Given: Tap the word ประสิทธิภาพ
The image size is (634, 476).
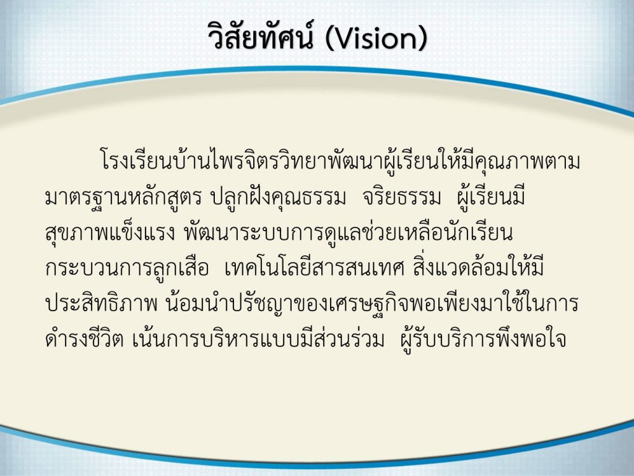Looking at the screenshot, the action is point(101,303).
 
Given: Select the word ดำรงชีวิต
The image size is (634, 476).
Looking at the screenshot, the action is point(84,339).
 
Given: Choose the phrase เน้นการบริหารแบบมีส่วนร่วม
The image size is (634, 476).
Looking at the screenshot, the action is point(258,339).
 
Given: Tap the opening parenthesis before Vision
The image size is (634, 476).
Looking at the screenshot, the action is point(329,39).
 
